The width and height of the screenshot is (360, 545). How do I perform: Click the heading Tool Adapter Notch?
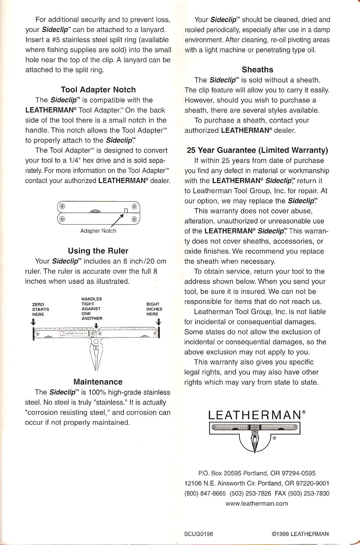[98, 90]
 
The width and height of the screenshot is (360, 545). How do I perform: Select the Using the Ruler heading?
[98, 251]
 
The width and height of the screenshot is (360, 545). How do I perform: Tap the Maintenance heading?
[98, 382]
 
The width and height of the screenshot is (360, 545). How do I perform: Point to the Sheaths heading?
[257, 70]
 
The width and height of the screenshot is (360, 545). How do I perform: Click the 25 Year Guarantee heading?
[257, 150]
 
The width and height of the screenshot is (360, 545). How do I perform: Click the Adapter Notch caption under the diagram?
[98, 231]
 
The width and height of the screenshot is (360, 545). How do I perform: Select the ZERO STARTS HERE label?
[40, 309]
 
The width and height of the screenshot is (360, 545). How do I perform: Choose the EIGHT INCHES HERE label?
[154, 309]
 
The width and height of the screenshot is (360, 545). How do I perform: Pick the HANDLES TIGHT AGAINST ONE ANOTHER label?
[92, 308]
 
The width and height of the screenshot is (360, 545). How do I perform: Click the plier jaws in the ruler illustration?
[96, 356]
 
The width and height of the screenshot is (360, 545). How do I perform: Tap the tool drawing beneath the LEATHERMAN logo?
[255, 436]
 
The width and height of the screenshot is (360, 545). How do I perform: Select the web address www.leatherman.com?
[257, 504]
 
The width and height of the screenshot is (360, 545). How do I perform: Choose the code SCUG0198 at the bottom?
[198, 534]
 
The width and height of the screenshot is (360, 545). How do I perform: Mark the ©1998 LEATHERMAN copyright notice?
[300, 534]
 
